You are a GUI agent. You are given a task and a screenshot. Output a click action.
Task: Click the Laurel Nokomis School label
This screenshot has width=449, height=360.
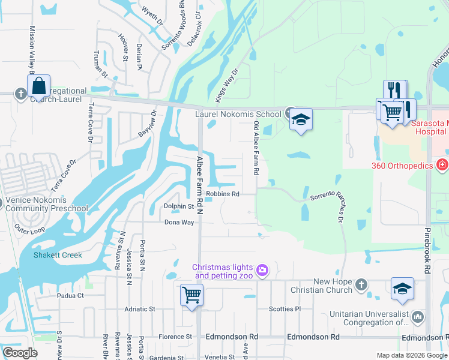pyautogui.click(x=238, y=114)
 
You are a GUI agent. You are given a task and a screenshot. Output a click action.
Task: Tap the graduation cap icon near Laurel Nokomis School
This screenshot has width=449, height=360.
pyautogui.click(x=301, y=119)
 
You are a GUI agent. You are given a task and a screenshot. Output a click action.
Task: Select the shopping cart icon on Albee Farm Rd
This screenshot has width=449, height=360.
pyautogui.click(x=191, y=295)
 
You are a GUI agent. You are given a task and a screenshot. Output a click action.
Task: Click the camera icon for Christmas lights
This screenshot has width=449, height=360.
pyautogui.click(x=262, y=271)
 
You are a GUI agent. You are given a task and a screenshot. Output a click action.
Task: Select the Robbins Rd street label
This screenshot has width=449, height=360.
pyautogui.click(x=223, y=194)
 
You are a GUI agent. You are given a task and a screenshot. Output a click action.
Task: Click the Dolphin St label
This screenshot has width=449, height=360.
pyautogui.click(x=179, y=206)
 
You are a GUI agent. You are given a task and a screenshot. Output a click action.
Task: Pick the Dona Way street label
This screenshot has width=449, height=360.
pyautogui.click(x=179, y=222)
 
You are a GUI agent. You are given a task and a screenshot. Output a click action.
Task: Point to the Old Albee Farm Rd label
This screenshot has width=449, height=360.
pyautogui.click(x=256, y=148)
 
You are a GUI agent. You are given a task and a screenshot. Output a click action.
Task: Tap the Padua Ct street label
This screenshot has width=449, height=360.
pyautogui.click(x=70, y=295)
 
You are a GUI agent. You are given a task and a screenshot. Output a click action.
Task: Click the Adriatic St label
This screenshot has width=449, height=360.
pyautogui.click(x=139, y=309)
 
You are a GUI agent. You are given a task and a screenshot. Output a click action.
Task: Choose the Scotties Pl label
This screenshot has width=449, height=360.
pyautogui.click(x=285, y=309)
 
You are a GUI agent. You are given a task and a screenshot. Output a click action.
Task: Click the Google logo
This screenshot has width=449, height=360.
pyautogui.click(x=20, y=353)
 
